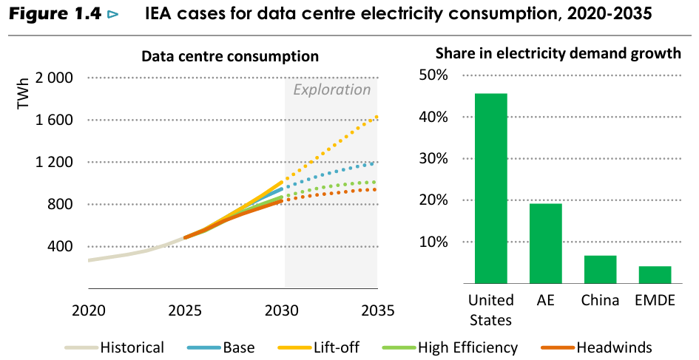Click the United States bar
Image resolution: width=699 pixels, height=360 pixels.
[x=491, y=189]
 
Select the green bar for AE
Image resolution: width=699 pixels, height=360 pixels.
[x=546, y=243]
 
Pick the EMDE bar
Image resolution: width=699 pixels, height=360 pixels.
[x=655, y=274]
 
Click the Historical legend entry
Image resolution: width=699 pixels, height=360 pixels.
[x=115, y=347]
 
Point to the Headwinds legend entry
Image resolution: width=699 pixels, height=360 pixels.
[x=596, y=347]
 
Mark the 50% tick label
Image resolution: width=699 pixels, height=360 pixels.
[x=433, y=75]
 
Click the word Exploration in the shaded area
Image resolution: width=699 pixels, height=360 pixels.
[x=332, y=90]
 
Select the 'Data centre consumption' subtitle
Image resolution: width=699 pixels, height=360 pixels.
[x=230, y=56]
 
